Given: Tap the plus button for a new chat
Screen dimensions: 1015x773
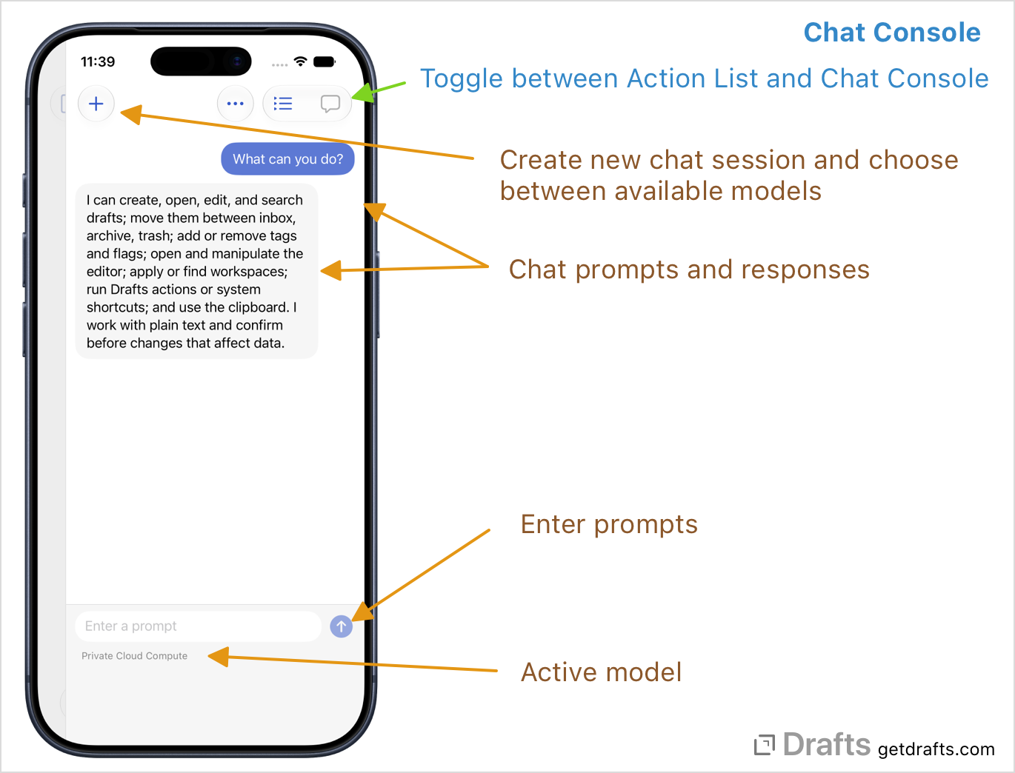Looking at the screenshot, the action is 96,104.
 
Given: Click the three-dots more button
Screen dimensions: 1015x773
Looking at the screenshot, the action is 236,104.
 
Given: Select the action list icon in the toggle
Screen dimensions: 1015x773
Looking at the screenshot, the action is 282,104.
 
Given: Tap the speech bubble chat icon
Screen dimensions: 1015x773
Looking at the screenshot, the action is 330,104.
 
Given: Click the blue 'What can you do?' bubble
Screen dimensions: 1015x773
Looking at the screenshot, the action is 287,159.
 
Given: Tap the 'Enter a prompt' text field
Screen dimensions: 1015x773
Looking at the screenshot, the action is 198,626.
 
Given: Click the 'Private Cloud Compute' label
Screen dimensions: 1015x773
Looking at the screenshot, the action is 135,655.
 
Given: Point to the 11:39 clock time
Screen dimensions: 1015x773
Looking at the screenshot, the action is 98,61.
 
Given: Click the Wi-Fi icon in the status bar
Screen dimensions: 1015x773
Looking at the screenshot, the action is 301,61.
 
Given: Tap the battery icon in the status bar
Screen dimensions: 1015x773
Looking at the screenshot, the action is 325,61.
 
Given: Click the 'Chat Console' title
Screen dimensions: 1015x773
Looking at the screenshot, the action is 892,33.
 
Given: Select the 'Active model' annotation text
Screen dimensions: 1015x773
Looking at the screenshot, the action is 601,672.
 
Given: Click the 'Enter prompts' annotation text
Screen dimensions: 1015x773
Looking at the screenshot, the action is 609,524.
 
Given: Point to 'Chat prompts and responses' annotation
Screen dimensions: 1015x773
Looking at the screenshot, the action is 689,270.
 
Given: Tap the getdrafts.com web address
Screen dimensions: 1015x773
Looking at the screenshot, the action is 936,749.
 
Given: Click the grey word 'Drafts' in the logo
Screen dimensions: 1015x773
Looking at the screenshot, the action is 827,744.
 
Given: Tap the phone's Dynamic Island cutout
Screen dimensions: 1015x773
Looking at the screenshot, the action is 202,61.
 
